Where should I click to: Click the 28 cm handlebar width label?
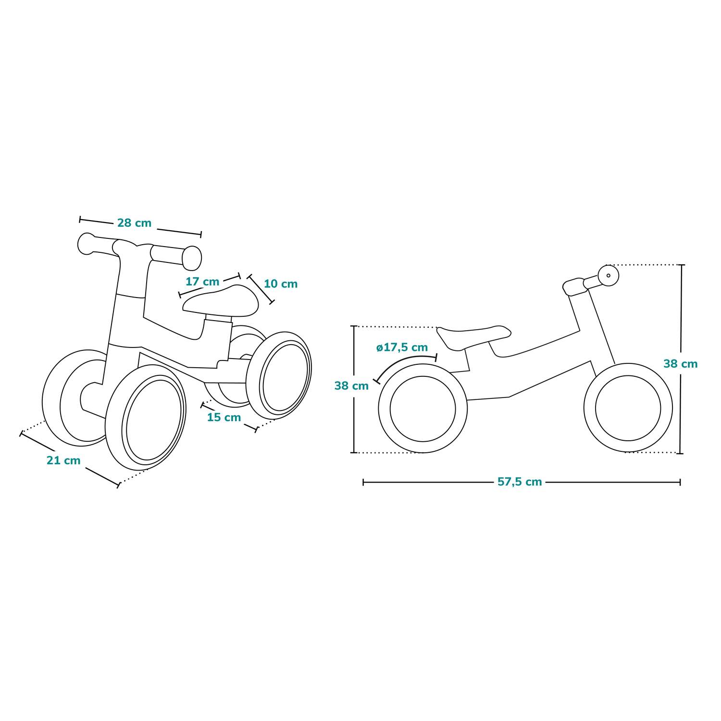tap(134, 223)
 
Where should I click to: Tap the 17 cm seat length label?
tap(202, 282)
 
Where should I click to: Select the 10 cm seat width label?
tap(281, 284)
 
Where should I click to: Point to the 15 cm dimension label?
tap(224, 417)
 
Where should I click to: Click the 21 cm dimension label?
tap(63, 460)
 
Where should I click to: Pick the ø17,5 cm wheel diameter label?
tap(402, 348)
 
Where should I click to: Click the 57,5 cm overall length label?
tap(520, 482)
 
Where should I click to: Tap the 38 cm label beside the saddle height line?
tap(351, 386)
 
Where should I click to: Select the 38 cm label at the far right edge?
tap(680, 364)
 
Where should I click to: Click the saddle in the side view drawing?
tap(473, 333)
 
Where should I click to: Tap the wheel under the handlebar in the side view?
tap(628, 408)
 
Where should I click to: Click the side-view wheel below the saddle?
tap(423, 409)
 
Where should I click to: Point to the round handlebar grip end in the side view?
tap(609, 275)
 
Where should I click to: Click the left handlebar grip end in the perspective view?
tap(86, 243)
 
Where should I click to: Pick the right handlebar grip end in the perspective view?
tap(192, 258)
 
